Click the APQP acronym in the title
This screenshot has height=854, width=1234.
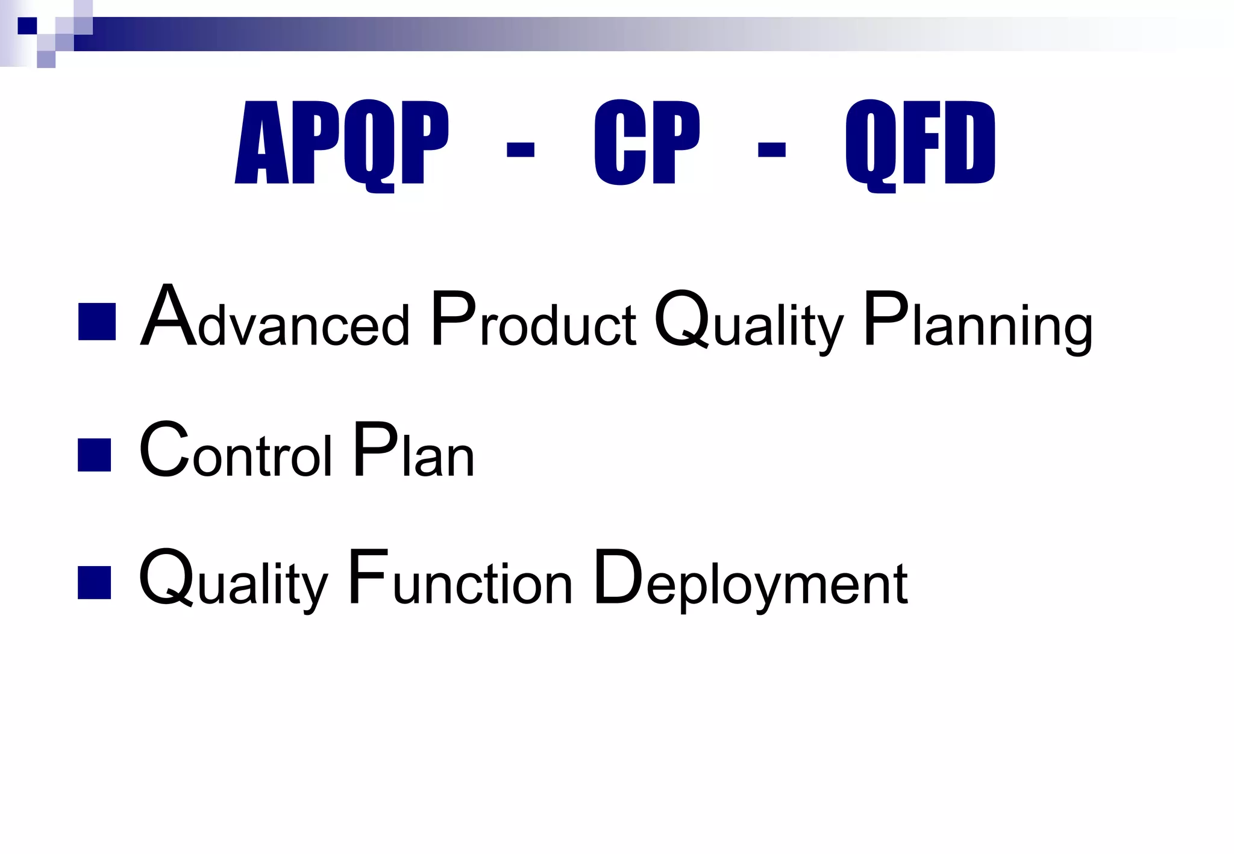click(x=341, y=143)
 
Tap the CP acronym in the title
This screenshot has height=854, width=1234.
click(x=647, y=142)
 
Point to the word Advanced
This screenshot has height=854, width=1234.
click(x=275, y=319)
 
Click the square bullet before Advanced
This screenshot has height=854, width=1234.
click(x=96, y=322)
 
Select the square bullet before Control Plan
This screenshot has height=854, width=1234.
click(x=95, y=455)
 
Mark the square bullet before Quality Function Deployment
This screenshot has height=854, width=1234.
click(x=95, y=582)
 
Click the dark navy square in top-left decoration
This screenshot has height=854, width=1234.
click(x=27, y=26)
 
